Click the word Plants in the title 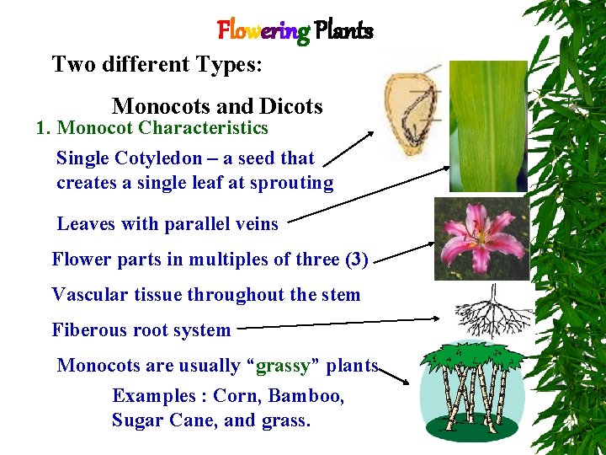click(x=343, y=31)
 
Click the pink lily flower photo click(x=481, y=238)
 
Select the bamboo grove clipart click(x=468, y=389)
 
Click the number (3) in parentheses click(x=357, y=260)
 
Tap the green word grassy click(x=284, y=366)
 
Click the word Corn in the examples click(x=235, y=396)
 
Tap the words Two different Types click(x=157, y=65)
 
